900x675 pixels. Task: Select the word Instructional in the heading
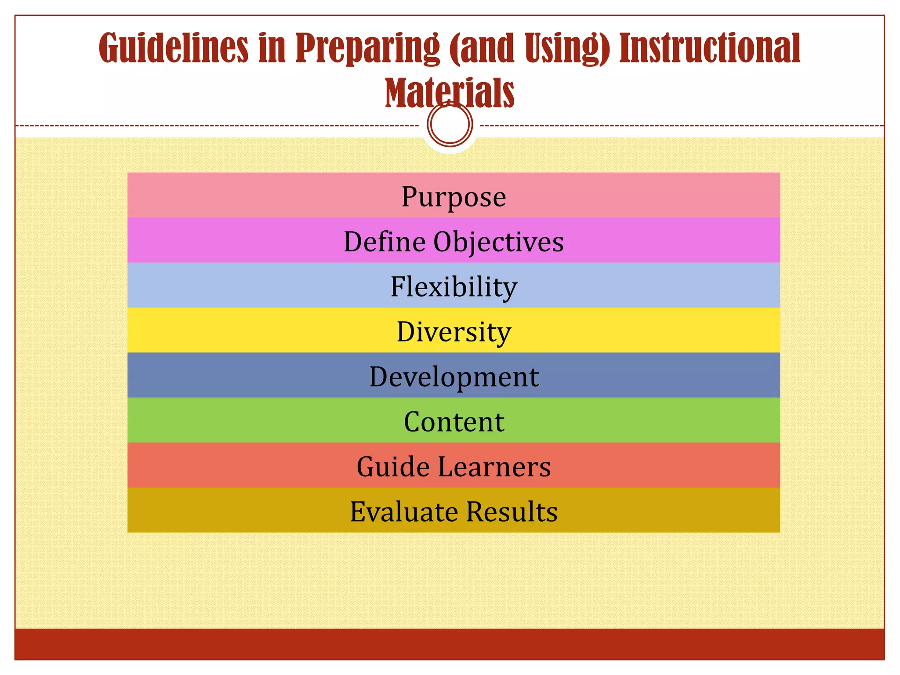(x=709, y=48)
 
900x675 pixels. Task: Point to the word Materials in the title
(x=450, y=93)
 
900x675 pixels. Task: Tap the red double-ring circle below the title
(x=450, y=124)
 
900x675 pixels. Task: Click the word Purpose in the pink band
(x=454, y=196)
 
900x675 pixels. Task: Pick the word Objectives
(x=498, y=243)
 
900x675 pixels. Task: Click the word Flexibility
(x=454, y=287)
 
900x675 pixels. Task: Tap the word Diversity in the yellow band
(x=454, y=332)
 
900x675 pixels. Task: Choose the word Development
(x=454, y=377)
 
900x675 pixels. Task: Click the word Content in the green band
(x=454, y=422)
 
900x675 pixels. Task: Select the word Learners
(x=494, y=467)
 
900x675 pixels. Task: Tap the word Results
(x=512, y=512)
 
